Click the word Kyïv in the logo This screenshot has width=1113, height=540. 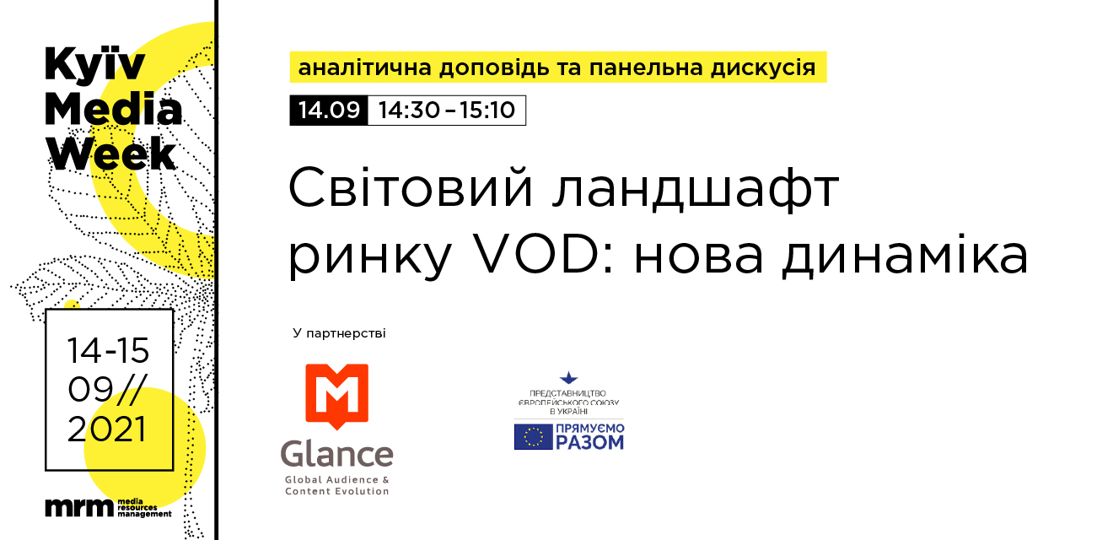94,66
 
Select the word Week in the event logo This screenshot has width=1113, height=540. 110,153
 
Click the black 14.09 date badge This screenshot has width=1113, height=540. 329,110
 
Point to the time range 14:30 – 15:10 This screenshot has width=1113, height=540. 446,110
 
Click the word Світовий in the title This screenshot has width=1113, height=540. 411,188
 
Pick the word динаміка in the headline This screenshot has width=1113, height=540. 905,255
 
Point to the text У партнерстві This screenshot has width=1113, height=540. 339,333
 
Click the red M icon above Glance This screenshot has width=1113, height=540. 337,396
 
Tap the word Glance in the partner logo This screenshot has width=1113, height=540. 337,454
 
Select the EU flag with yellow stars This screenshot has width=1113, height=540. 533,436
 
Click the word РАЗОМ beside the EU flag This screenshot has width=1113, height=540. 589,442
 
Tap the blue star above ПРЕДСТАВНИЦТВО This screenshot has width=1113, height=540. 569,378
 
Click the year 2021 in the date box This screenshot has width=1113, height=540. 107,429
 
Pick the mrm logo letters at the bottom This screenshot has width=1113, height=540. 79,508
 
